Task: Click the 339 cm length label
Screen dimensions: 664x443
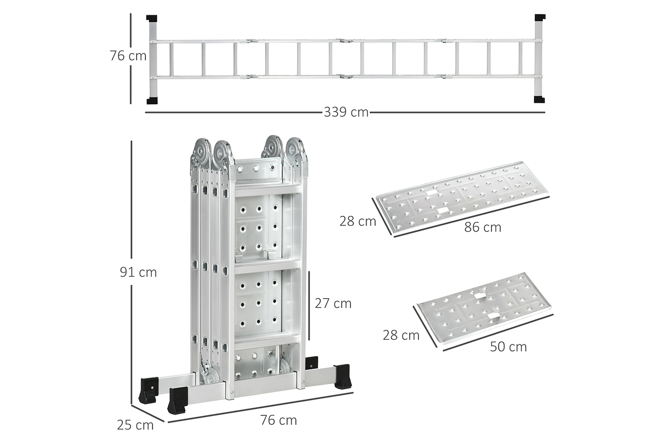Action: tap(346, 113)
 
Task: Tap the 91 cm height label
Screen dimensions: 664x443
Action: tap(138, 272)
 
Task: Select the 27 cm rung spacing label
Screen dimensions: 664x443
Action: tap(333, 303)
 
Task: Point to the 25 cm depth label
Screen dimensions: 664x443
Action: tap(135, 425)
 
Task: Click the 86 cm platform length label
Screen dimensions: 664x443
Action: tap(483, 227)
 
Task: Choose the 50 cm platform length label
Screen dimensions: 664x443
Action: tap(508, 347)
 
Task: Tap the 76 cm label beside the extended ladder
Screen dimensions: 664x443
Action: tap(128, 56)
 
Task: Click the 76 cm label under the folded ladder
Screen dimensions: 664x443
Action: tap(278, 420)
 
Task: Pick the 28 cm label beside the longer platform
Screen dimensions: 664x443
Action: tap(358, 221)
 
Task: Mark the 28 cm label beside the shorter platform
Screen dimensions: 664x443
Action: tap(401, 335)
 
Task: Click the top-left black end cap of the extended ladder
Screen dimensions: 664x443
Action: tap(151, 19)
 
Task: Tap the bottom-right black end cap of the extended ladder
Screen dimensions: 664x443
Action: tap(539, 99)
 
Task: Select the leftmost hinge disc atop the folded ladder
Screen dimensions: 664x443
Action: tap(202, 152)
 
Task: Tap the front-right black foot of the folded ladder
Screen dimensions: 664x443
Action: tap(342, 377)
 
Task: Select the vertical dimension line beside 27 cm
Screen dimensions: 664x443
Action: tap(309, 305)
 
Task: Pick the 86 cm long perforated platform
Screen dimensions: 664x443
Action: tap(463, 199)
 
